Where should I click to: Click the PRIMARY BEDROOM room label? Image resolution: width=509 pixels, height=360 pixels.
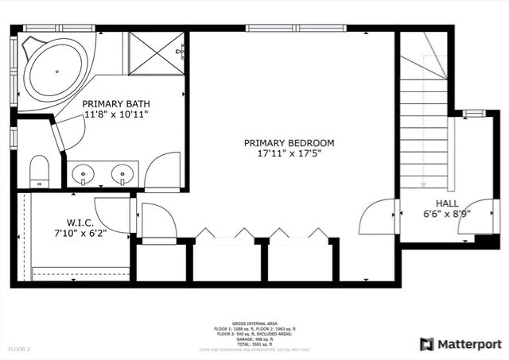[289, 143]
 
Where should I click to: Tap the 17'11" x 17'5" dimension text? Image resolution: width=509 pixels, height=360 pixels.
[289, 154]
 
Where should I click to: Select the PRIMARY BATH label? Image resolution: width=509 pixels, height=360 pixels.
[116, 104]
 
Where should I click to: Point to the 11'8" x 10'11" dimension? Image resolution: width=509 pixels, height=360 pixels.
[116, 115]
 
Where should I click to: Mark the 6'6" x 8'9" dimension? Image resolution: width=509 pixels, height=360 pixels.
[447, 214]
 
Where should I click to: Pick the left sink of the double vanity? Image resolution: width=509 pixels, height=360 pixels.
[84, 172]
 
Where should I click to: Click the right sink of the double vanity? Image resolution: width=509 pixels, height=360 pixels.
[122, 172]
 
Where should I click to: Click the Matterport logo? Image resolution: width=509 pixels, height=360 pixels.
[460, 344]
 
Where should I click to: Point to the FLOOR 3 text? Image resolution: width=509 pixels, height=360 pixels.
[20, 349]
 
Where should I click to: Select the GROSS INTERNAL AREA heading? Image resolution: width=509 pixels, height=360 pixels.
[254, 324]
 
